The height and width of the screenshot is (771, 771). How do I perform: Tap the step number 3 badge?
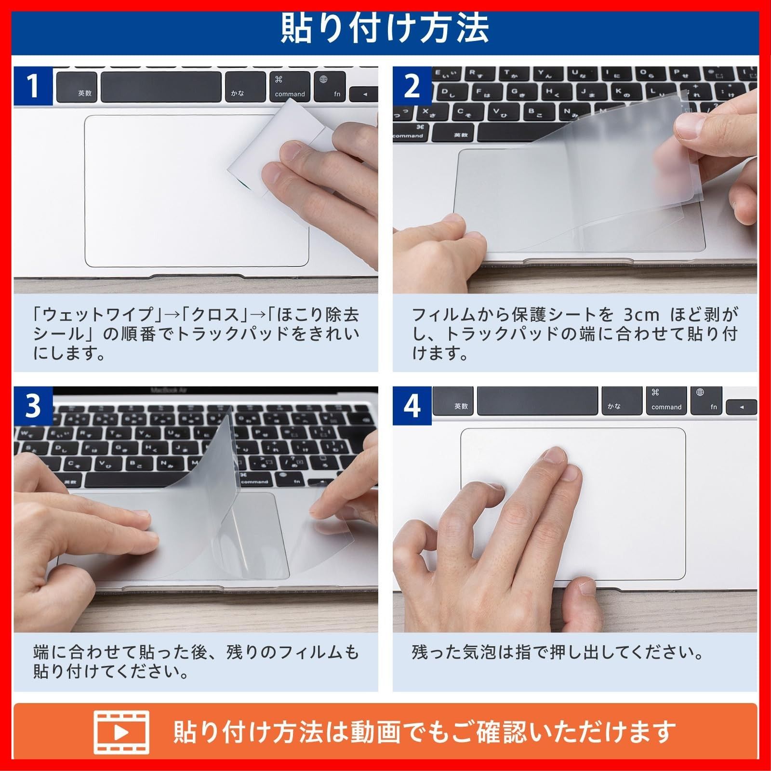[x=33, y=406]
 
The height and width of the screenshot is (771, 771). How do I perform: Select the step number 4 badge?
[x=412, y=406]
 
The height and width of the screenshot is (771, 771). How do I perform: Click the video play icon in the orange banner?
[x=121, y=732]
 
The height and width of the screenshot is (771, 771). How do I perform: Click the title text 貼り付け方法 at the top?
[x=385, y=28]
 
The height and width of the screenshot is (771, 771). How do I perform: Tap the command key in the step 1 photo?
[x=290, y=86]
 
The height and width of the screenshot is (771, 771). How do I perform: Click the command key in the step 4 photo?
[x=666, y=400]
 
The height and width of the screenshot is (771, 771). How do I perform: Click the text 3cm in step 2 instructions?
[x=641, y=315]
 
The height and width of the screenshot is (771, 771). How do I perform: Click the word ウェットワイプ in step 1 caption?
[x=98, y=315]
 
